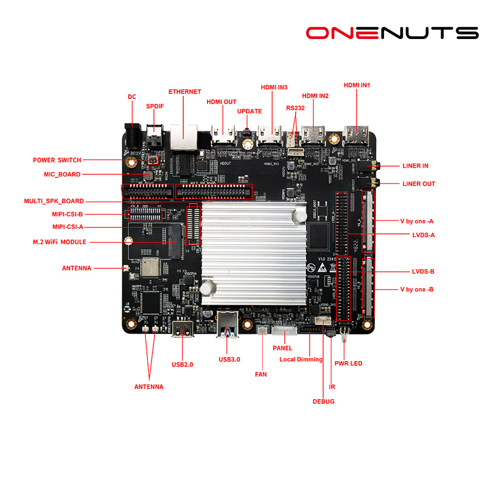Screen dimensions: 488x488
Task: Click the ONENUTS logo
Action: [x=392, y=33]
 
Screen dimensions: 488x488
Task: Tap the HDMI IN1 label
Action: [x=357, y=85]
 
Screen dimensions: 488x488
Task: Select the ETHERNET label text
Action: [x=184, y=92]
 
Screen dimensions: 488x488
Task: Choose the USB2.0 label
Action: [x=183, y=365]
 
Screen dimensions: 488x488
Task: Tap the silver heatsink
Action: [x=254, y=249]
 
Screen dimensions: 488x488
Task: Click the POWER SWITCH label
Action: [x=57, y=160]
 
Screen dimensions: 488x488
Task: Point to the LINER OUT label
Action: [x=419, y=184]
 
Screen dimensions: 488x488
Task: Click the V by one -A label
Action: [x=417, y=221]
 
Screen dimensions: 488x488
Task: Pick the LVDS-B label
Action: [x=423, y=271]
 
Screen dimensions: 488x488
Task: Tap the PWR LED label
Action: [x=348, y=363]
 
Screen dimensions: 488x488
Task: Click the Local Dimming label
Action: [x=301, y=359]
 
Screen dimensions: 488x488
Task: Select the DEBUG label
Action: [x=324, y=401]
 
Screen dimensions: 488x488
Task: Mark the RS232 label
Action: [x=295, y=108]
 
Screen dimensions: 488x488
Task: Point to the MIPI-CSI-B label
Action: [x=67, y=214]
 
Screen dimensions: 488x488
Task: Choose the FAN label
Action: [x=261, y=374]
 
